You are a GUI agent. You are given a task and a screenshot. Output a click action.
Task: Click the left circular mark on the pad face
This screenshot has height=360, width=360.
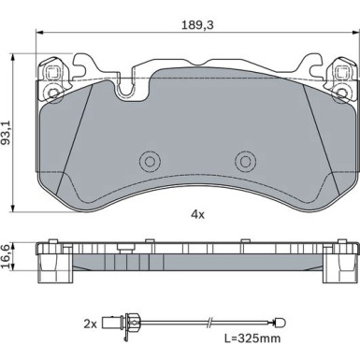(149, 161)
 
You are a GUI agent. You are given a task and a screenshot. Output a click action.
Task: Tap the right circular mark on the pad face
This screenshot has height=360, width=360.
(245, 161)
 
